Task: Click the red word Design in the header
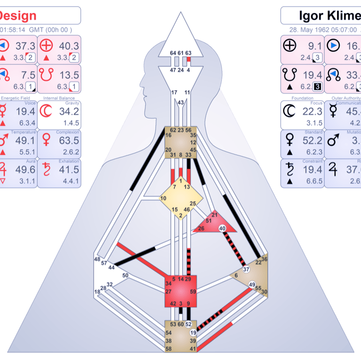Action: pyautogui.click(x=18, y=16)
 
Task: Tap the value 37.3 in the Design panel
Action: pyautogui.click(x=25, y=46)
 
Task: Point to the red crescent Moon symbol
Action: pyautogui.click(x=46, y=111)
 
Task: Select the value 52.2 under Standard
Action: pyautogui.click(x=312, y=141)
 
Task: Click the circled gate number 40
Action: pyautogui.click(x=222, y=228)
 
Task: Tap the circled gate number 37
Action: pyautogui.click(x=246, y=269)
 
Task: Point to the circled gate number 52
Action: pyautogui.click(x=189, y=324)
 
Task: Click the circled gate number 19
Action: pyautogui.click(x=193, y=333)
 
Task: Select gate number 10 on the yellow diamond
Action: pyautogui.click(x=163, y=198)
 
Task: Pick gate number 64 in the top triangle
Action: pyautogui.click(x=173, y=53)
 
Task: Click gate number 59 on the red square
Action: pyautogui.click(x=193, y=291)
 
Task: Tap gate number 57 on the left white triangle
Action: pyautogui.click(x=104, y=263)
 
